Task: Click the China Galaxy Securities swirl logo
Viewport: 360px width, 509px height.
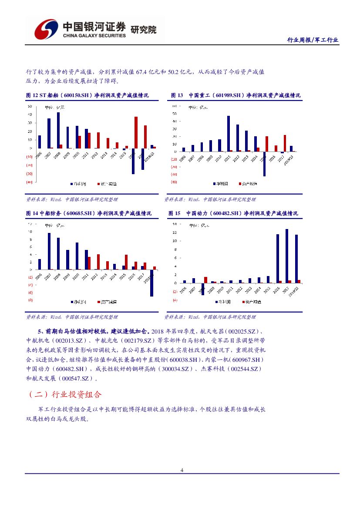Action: tap(46, 30)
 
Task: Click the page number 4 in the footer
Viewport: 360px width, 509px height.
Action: tap(182, 470)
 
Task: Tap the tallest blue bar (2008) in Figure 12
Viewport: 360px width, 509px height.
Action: tap(58, 130)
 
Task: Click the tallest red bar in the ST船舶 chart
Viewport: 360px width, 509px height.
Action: tap(136, 132)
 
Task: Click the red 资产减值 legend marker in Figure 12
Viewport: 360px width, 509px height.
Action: tap(98, 184)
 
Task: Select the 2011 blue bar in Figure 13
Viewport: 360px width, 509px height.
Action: tap(229, 133)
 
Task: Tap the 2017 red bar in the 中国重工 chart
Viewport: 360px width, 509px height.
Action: tap(285, 143)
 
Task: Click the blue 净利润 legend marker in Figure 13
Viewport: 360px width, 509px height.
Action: tap(214, 184)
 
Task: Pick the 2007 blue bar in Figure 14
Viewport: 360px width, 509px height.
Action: tap(49, 251)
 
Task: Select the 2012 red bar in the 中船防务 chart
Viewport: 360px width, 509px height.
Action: tap(98, 262)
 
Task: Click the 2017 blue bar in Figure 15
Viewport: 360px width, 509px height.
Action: tap(287, 256)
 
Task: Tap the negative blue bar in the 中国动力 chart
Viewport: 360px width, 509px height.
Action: tap(203, 289)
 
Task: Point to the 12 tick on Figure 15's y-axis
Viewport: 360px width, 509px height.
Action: tap(174, 233)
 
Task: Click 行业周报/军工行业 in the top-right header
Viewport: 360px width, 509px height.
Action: tap(313, 40)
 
